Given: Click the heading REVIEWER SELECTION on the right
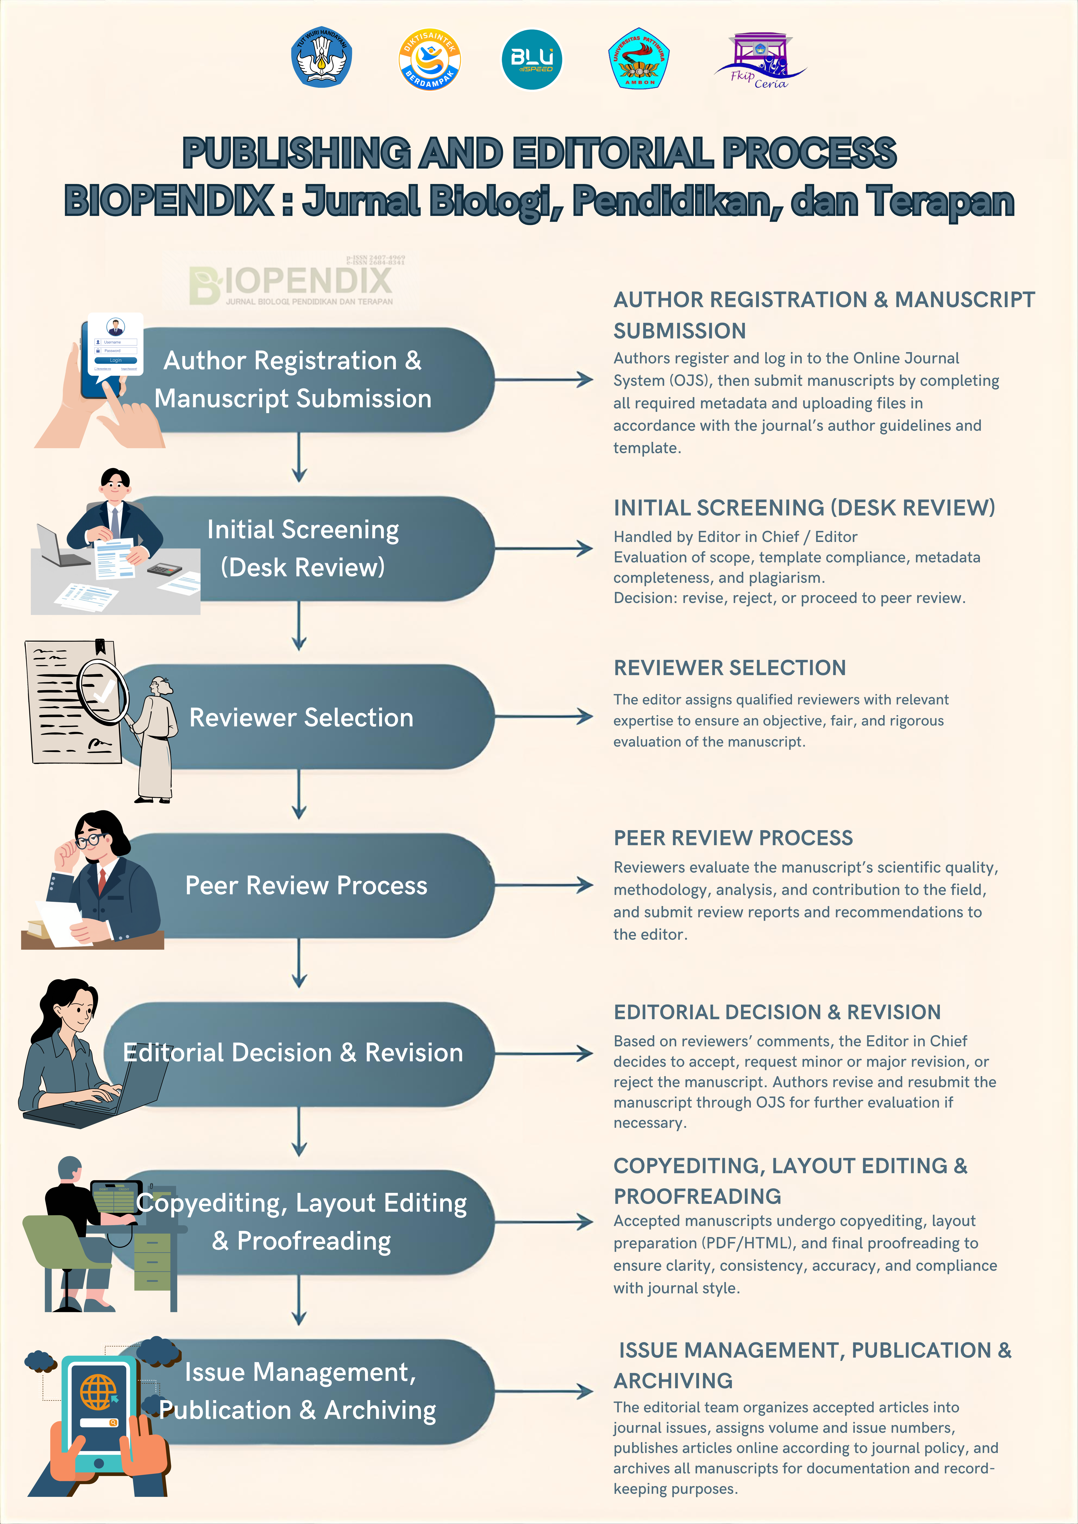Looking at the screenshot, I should (729, 668).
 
